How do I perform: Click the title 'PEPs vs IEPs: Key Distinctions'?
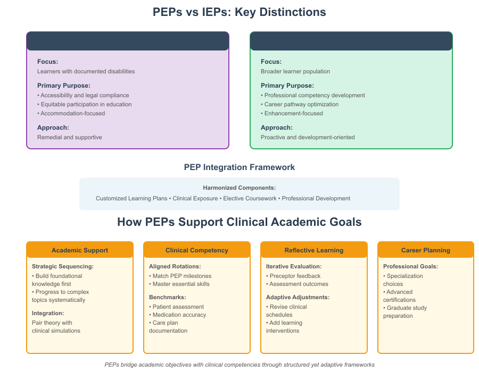point(239,12)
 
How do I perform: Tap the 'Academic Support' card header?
point(80,250)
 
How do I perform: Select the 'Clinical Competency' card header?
point(197,250)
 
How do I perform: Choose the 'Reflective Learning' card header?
point(314,250)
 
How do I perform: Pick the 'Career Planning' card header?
point(426,250)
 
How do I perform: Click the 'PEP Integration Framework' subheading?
point(239,167)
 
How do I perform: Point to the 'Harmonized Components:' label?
point(239,188)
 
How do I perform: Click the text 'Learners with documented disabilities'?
point(86,71)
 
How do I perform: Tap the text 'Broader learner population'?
point(295,71)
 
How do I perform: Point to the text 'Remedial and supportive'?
point(69,137)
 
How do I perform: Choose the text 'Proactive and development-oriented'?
point(308,137)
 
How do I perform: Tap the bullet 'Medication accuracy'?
point(179,315)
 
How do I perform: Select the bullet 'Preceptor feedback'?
point(295,276)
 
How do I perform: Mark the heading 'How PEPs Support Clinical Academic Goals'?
point(239,222)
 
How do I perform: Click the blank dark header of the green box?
point(351,41)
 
